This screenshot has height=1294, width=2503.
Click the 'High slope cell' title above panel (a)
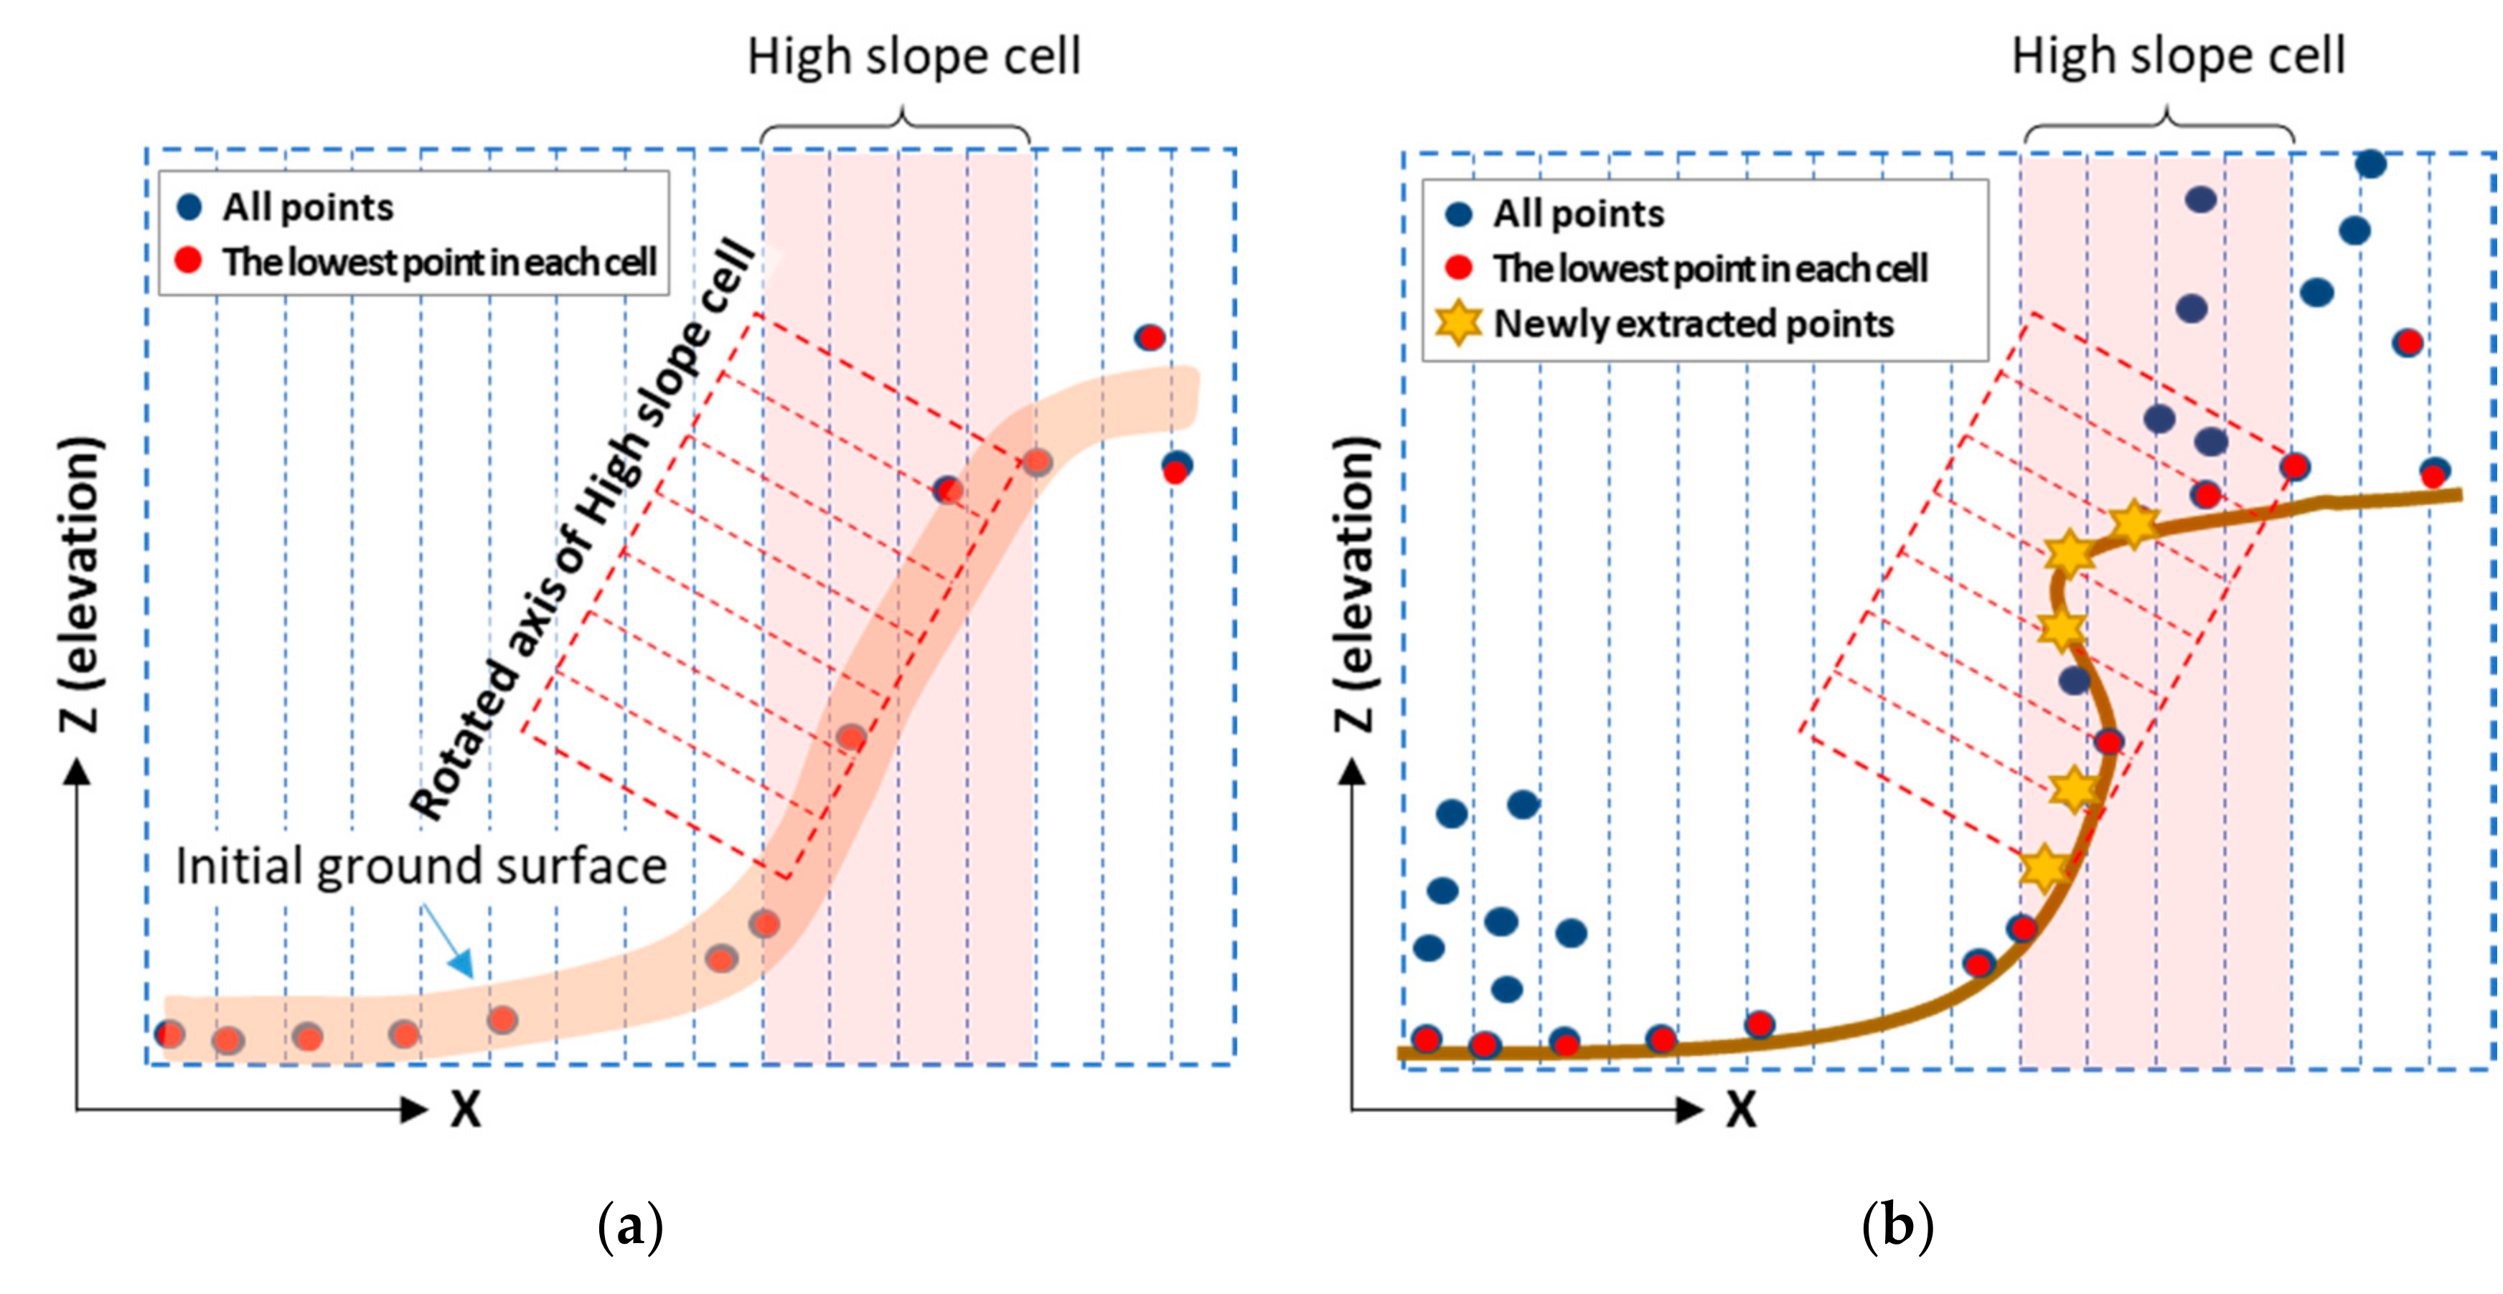(914, 57)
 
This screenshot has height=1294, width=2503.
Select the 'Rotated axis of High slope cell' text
(583, 529)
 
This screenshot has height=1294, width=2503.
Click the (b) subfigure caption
(1897, 1226)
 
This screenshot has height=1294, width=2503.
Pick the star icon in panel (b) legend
(1458, 323)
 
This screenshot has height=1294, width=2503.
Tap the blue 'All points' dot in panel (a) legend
(189, 206)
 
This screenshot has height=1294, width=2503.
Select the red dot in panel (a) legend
(189, 260)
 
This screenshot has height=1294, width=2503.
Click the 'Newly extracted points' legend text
(1694, 323)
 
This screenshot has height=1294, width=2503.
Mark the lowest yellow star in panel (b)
(2044, 867)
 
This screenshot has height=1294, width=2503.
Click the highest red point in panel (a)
(1150, 338)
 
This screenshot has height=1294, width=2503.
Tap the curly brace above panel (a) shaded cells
(895, 126)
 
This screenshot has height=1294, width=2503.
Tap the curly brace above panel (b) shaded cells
(2159, 126)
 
